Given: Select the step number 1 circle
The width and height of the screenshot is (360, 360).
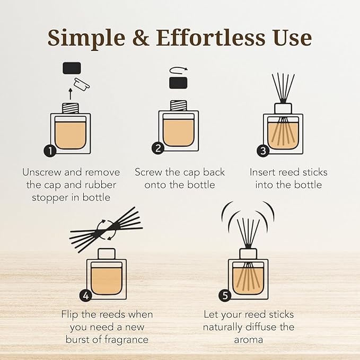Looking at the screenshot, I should (x=50, y=151).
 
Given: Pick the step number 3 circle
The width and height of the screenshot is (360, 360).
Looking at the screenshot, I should (x=263, y=151).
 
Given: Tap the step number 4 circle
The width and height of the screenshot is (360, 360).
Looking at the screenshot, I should (x=86, y=295).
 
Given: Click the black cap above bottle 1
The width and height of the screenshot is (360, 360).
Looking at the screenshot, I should (x=72, y=68).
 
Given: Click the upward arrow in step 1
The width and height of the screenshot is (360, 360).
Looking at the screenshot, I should (x=71, y=94).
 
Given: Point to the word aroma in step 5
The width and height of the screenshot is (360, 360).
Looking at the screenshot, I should (x=248, y=339).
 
